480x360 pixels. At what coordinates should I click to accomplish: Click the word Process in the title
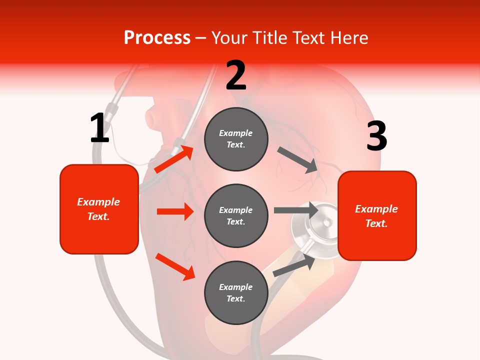coord(157,37)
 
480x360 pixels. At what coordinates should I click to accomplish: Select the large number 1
coord(99,128)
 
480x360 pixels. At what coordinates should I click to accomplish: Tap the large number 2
coord(236,75)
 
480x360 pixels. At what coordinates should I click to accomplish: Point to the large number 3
coord(376,136)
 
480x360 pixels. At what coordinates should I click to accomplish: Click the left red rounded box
coord(99,209)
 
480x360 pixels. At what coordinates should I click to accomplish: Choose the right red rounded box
coord(377,216)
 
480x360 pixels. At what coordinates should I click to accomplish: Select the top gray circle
coord(236,139)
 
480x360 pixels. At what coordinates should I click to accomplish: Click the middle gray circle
coord(236,216)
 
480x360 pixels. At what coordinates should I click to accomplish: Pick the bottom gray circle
coord(236,293)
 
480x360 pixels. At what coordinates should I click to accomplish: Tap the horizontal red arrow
coord(175,211)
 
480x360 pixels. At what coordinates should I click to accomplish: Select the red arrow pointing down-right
coord(175,266)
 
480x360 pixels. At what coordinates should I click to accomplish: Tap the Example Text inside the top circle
coord(236,139)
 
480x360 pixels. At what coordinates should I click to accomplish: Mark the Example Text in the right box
coord(376,216)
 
